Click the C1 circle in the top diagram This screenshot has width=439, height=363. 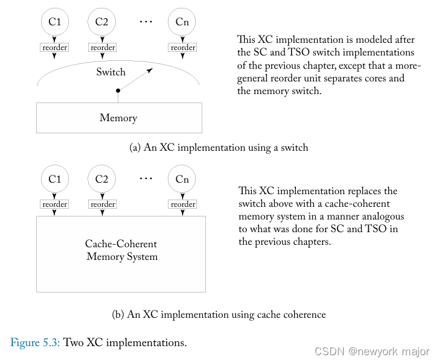55,22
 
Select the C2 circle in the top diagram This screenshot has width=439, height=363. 102,22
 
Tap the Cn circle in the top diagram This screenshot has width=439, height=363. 182,22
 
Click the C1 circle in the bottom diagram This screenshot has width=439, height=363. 55,179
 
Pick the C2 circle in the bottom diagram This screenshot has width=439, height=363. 102,179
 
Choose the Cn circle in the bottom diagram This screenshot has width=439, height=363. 182,179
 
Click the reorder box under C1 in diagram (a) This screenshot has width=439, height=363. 55,48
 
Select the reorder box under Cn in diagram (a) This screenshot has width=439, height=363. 182,48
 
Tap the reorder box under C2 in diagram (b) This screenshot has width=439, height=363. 102,204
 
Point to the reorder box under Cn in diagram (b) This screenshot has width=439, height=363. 182,204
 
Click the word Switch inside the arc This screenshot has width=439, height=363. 111,72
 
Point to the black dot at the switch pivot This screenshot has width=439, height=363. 118,90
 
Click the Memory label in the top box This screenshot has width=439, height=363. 118,118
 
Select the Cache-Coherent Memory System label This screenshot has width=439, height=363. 121,251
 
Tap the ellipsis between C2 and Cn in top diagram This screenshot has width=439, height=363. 146,22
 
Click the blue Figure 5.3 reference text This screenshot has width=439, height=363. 35,343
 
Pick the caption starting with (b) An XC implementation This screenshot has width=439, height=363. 219,314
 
